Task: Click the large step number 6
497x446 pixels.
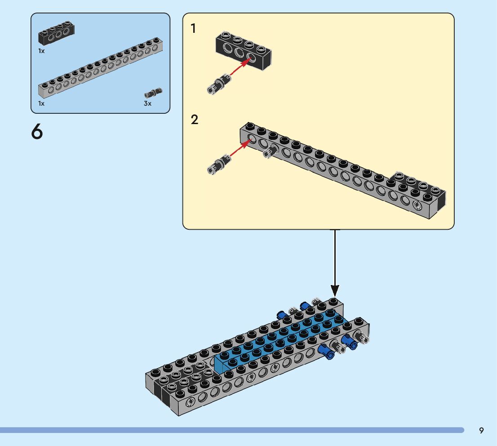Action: click(x=37, y=131)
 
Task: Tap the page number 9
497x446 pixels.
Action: click(x=481, y=430)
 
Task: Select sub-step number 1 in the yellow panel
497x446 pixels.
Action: click(x=193, y=28)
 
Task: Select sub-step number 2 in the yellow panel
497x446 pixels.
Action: click(x=194, y=120)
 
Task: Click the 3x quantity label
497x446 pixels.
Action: click(x=147, y=103)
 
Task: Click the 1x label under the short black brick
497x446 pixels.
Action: click(x=41, y=51)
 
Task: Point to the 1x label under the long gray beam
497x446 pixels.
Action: click(x=41, y=103)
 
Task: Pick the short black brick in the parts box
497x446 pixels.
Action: click(x=57, y=33)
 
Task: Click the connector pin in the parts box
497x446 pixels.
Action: click(x=153, y=93)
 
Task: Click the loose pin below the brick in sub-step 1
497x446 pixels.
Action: click(x=219, y=85)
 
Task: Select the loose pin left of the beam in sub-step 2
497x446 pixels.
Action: click(x=219, y=164)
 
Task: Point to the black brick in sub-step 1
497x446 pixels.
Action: click(x=244, y=50)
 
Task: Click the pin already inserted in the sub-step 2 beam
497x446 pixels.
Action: click(x=270, y=152)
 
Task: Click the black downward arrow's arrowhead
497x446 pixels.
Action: click(x=335, y=290)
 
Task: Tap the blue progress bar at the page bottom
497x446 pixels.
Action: click(x=232, y=430)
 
